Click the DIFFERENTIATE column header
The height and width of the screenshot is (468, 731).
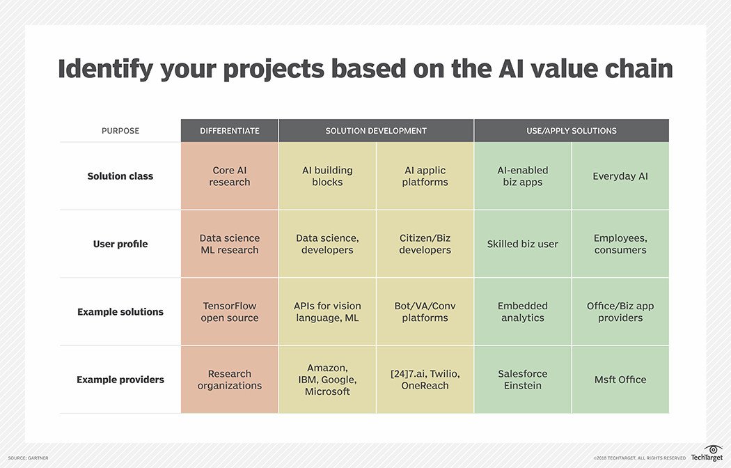pyautogui.click(x=229, y=131)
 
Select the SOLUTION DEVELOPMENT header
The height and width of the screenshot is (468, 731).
pyautogui.click(x=376, y=131)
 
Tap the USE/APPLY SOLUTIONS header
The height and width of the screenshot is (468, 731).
pyautogui.click(x=572, y=131)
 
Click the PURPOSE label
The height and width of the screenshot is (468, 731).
pyautogui.click(x=120, y=131)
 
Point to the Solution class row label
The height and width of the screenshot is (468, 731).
pyautogui.click(x=120, y=176)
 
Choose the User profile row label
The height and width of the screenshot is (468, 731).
pyautogui.click(x=120, y=244)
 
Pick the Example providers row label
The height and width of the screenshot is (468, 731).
pyautogui.click(x=120, y=380)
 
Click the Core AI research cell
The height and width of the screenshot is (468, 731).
pyautogui.click(x=229, y=176)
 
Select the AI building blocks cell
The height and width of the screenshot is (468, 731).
pyautogui.click(x=327, y=176)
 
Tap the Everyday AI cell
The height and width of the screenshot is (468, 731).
pyautogui.click(x=620, y=176)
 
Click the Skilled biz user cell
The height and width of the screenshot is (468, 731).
pyautogui.click(x=523, y=244)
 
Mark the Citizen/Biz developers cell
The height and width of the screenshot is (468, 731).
pyautogui.click(x=425, y=244)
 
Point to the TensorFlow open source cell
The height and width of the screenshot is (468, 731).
pyautogui.click(x=229, y=312)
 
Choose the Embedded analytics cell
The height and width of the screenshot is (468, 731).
pyautogui.click(x=523, y=312)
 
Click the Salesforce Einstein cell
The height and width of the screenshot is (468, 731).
pyautogui.click(x=523, y=380)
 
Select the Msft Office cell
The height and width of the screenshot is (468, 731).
pyautogui.click(x=620, y=380)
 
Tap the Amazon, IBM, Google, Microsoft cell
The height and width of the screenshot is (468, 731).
pyautogui.click(x=327, y=380)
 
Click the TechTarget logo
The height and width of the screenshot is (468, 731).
pyautogui.click(x=707, y=453)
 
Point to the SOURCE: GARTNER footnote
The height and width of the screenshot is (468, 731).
pyautogui.click(x=28, y=458)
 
